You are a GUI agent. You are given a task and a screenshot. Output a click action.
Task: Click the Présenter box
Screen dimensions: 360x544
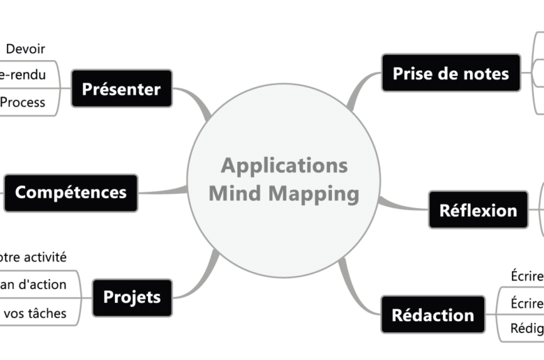[121, 89]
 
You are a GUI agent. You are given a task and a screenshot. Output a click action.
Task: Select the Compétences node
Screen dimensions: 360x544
[70, 193]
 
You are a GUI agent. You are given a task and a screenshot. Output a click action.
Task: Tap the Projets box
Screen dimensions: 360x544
[132, 297]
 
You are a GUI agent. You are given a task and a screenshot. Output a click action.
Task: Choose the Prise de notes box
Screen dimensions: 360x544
[451, 73]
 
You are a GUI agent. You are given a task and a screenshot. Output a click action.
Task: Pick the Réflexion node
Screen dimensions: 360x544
[478, 210]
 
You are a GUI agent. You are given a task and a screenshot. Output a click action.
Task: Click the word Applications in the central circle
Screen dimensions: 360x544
[284, 166]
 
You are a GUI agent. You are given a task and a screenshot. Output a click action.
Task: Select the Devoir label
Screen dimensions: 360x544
[25, 49]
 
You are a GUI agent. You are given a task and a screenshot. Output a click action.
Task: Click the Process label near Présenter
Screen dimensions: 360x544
[23, 103]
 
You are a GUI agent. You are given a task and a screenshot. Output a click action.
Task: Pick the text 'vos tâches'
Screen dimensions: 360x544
[35, 313]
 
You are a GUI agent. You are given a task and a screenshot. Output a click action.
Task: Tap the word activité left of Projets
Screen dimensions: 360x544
[45, 257]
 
